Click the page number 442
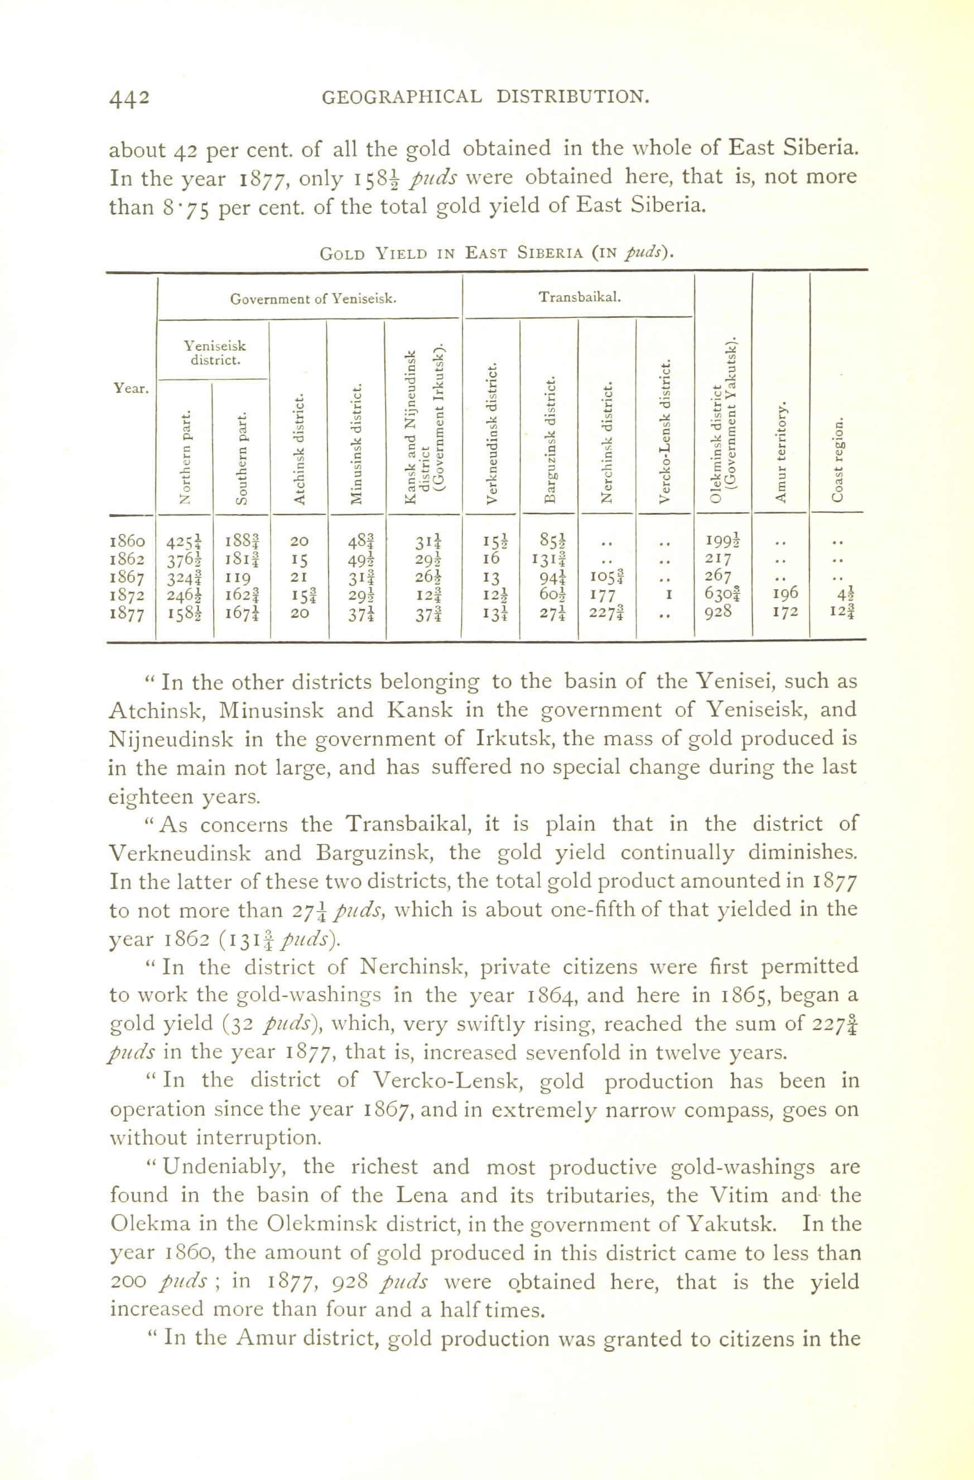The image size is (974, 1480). [x=129, y=98]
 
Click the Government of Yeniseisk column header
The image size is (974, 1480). [x=314, y=299]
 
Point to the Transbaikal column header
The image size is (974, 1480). [x=580, y=297]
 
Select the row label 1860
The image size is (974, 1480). [x=128, y=541]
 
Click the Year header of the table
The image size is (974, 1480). [x=131, y=389]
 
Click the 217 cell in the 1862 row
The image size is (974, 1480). [x=721, y=557]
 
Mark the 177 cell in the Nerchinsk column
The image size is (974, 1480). [x=602, y=595]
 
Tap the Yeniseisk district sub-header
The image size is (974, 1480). [x=213, y=352]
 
